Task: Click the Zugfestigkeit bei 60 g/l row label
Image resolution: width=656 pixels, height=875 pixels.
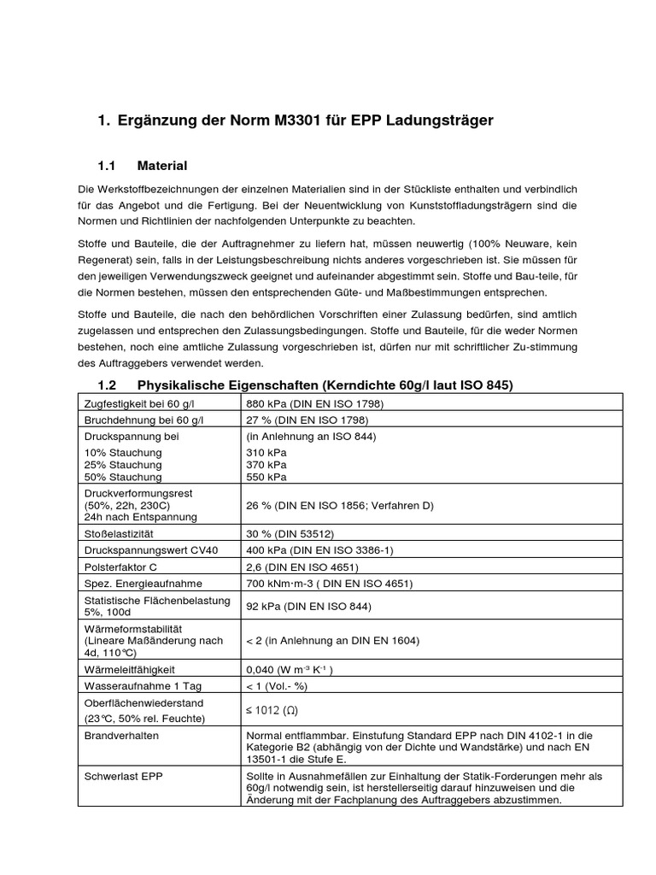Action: [138, 403]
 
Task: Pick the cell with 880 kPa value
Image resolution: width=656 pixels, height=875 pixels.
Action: [315, 403]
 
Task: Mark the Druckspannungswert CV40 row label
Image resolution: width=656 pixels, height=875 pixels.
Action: [150, 549]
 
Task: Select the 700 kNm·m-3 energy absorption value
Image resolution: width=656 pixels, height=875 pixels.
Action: [329, 584]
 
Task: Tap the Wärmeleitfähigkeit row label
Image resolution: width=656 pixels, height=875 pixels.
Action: [130, 670]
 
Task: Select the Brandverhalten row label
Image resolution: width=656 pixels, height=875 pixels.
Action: [121, 734]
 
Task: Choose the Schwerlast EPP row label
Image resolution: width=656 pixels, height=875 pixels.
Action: [123, 776]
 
